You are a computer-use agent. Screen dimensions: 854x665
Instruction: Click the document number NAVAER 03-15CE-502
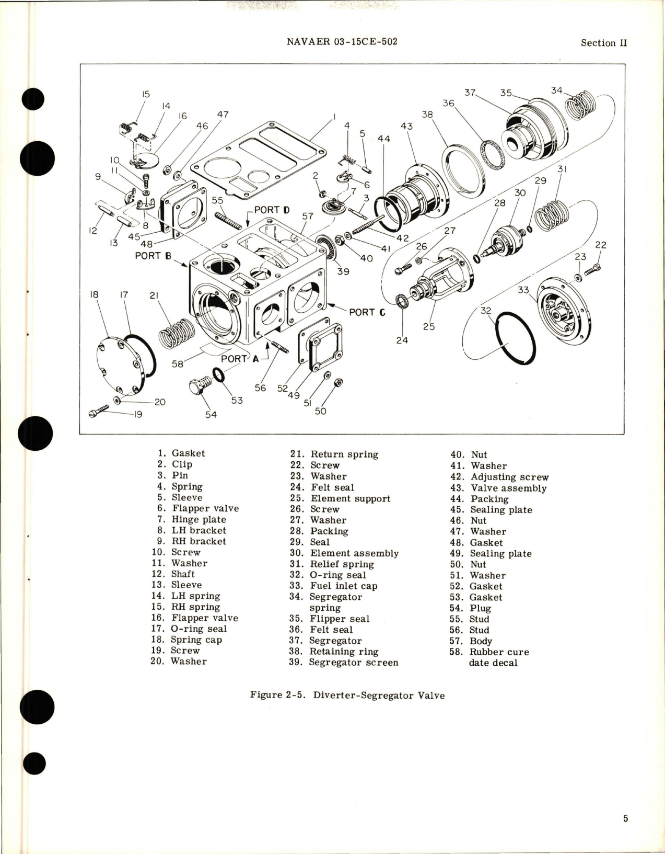point(342,42)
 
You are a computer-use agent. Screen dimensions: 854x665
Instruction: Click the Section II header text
point(603,43)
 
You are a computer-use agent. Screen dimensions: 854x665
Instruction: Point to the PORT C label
point(367,312)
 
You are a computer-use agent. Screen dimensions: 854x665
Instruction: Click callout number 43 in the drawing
point(406,126)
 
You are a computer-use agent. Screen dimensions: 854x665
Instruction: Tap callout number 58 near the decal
point(178,363)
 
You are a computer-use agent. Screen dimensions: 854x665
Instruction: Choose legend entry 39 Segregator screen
point(344,663)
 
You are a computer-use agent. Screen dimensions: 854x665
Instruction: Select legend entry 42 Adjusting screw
point(499,477)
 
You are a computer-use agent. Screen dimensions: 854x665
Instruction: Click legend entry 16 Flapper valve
point(194,618)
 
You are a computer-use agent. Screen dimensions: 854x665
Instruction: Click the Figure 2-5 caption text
point(347,695)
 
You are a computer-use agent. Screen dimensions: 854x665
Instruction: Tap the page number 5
point(625,818)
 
